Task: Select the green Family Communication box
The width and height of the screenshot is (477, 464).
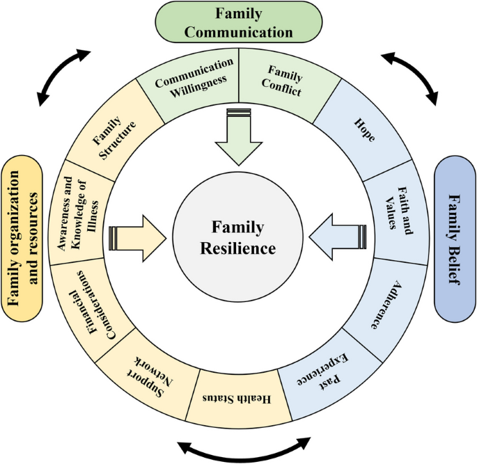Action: point(238,23)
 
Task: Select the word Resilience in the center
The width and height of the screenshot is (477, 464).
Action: point(239,248)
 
